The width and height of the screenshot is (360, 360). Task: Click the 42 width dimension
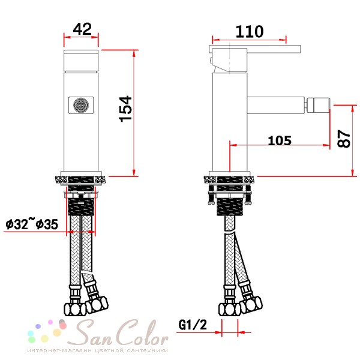pos(82,29)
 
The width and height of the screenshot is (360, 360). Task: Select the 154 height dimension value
pos(125,109)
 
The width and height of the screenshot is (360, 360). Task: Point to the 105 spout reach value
pos(280,140)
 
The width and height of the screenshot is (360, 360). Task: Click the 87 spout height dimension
pos(344,139)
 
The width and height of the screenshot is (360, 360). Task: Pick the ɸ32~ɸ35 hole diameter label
pos(32,224)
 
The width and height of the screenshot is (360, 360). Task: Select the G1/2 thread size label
pos(193,325)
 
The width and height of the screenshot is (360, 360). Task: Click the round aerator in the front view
pos(81,105)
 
